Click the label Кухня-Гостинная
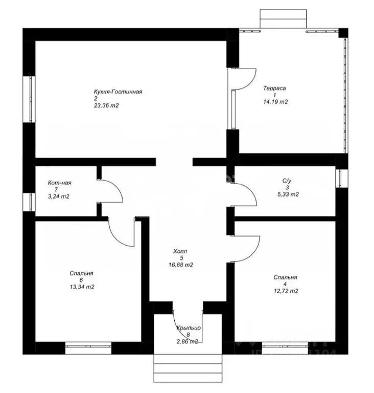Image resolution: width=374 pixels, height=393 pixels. pyautogui.click(x=118, y=92)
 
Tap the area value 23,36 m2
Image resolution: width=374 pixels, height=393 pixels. pyautogui.click(x=106, y=105)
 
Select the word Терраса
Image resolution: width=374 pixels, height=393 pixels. pyautogui.click(x=274, y=88)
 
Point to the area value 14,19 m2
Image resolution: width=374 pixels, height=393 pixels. pyautogui.click(x=275, y=102)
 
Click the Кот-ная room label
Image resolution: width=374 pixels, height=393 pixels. pyautogui.click(x=60, y=183)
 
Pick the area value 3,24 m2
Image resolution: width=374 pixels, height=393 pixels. pyautogui.click(x=59, y=196)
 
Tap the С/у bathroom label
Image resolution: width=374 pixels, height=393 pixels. pyautogui.click(x=287, y=181)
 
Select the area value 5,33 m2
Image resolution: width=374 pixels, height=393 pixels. pyautogui.click(x=288, y=194)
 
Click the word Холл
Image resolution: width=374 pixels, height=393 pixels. pyautogui.click(x=180, y=251)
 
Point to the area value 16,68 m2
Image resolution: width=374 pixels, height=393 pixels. pyautogui.click(x=181, y=265)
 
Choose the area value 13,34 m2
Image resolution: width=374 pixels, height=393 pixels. pyautogui.click(x=82, y=287)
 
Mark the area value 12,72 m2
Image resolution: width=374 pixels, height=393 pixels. pyautogui.click(x=286, y=291)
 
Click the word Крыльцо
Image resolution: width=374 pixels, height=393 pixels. pyautogui.click(x=189, y=328)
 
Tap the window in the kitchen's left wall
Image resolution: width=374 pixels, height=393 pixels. pyautogui.click(x=30, y=99)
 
